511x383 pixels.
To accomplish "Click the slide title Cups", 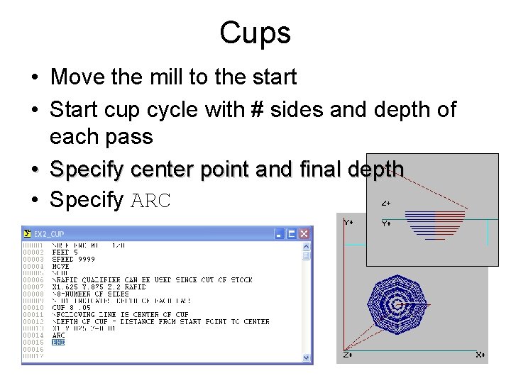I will [255, 32].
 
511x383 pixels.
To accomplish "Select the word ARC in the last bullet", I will [150, 201].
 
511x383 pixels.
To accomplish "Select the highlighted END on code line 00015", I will [58, 343].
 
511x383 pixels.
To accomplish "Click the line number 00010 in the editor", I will [33, 308].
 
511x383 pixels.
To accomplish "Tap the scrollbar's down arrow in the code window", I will [307, 357].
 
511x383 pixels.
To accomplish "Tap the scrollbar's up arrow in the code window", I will [307, 247].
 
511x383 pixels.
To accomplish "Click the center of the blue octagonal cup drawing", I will [400, 305].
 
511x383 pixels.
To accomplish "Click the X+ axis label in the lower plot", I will [480, 354].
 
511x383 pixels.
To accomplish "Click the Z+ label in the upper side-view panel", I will [385, 203].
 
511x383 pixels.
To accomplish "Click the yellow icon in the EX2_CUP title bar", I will [28, 233].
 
